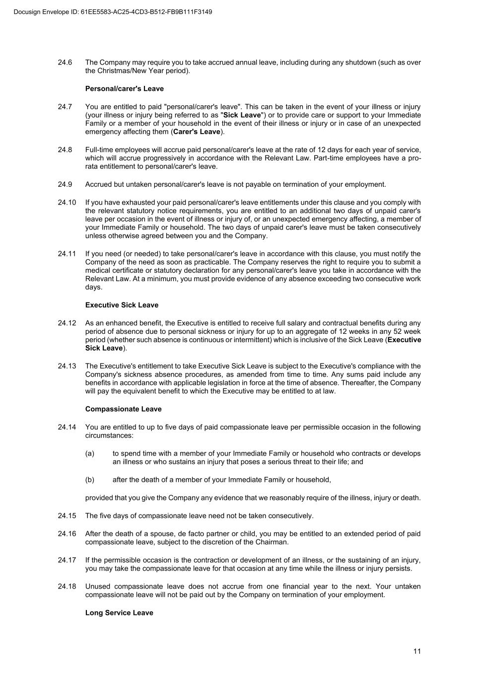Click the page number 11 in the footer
point(416,651)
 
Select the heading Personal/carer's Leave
point(124,88)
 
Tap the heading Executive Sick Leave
point(122,305)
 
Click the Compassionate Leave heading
point(123,409)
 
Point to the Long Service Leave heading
point(119,612)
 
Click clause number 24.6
point(65,63)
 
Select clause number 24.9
point(65,184)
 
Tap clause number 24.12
point(67,323)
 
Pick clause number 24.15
point(67,516)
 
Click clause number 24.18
point(67,587)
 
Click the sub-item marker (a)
point(90,453)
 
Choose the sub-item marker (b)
point(90,480)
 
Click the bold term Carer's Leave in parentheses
point(197,132)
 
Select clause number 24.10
point(67,202)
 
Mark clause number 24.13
point(67,366)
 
